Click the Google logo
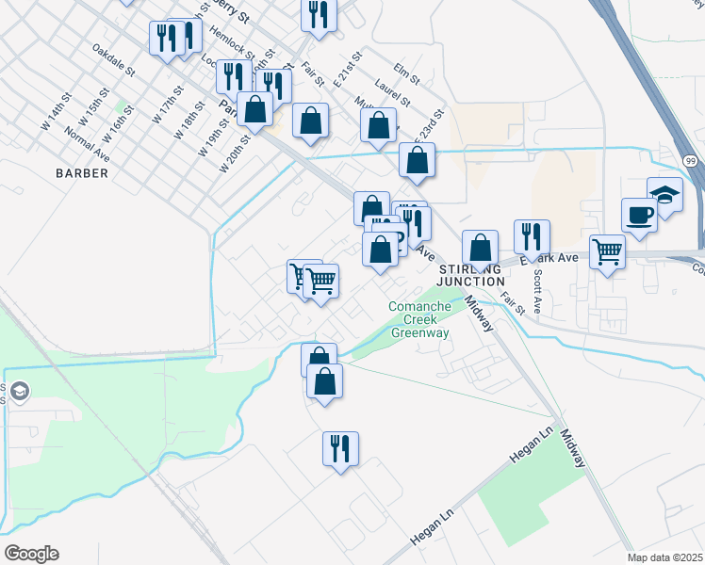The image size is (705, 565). point(31,554)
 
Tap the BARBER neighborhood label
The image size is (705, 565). point(81,173)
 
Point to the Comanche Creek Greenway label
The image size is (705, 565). point(419,319)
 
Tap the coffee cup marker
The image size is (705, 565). point(639,214)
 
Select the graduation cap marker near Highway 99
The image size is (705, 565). point(664,194)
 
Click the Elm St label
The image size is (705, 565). point(406,71)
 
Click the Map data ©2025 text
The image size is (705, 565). point(664,557)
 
